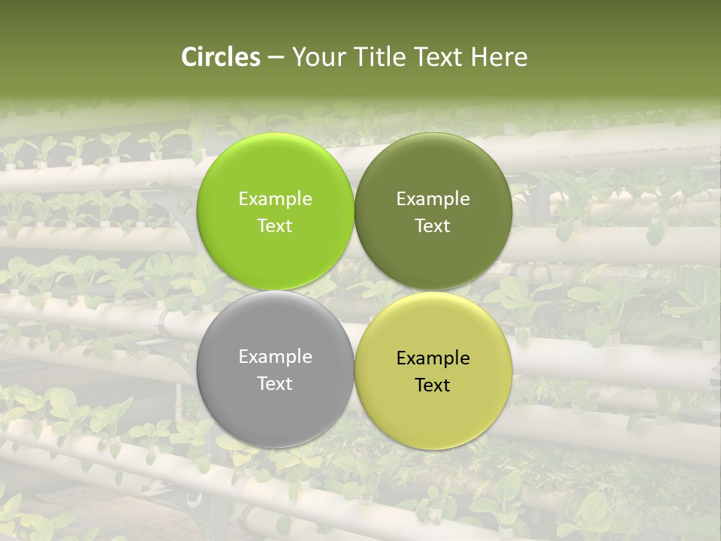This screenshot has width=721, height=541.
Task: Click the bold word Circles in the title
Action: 221,57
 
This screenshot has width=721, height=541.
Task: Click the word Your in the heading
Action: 316,57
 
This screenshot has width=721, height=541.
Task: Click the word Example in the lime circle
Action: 275,199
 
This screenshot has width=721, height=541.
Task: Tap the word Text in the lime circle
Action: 275,226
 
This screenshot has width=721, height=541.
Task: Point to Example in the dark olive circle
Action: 433,199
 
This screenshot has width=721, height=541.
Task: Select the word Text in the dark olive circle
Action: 433,226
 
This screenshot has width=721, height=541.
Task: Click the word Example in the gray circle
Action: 275,357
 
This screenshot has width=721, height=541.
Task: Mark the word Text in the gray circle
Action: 275,384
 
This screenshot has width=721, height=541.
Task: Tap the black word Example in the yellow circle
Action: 433,358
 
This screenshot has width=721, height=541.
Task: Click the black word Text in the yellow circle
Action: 433,385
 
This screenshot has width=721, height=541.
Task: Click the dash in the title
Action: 275,58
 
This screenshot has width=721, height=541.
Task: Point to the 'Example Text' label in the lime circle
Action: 275,213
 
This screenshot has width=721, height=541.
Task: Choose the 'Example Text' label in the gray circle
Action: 275,370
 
